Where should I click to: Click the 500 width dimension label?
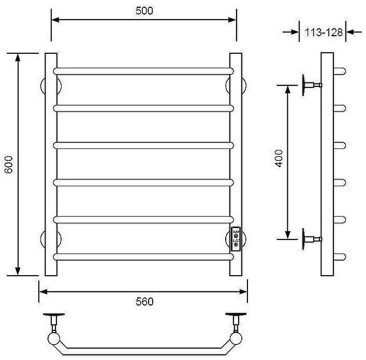(x=144, y=11)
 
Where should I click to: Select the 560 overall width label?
(x=144, y=302)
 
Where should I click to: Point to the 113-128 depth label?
(x=324, y=32)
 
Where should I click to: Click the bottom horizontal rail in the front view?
(x=143, y=256)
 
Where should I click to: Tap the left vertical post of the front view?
(x=51, y=164)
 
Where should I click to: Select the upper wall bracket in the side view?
(x=311, y=84)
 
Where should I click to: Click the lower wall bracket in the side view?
(x=311, y=238)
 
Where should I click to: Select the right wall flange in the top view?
(x=236, y=315)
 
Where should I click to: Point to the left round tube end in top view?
(x=53, y=339)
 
